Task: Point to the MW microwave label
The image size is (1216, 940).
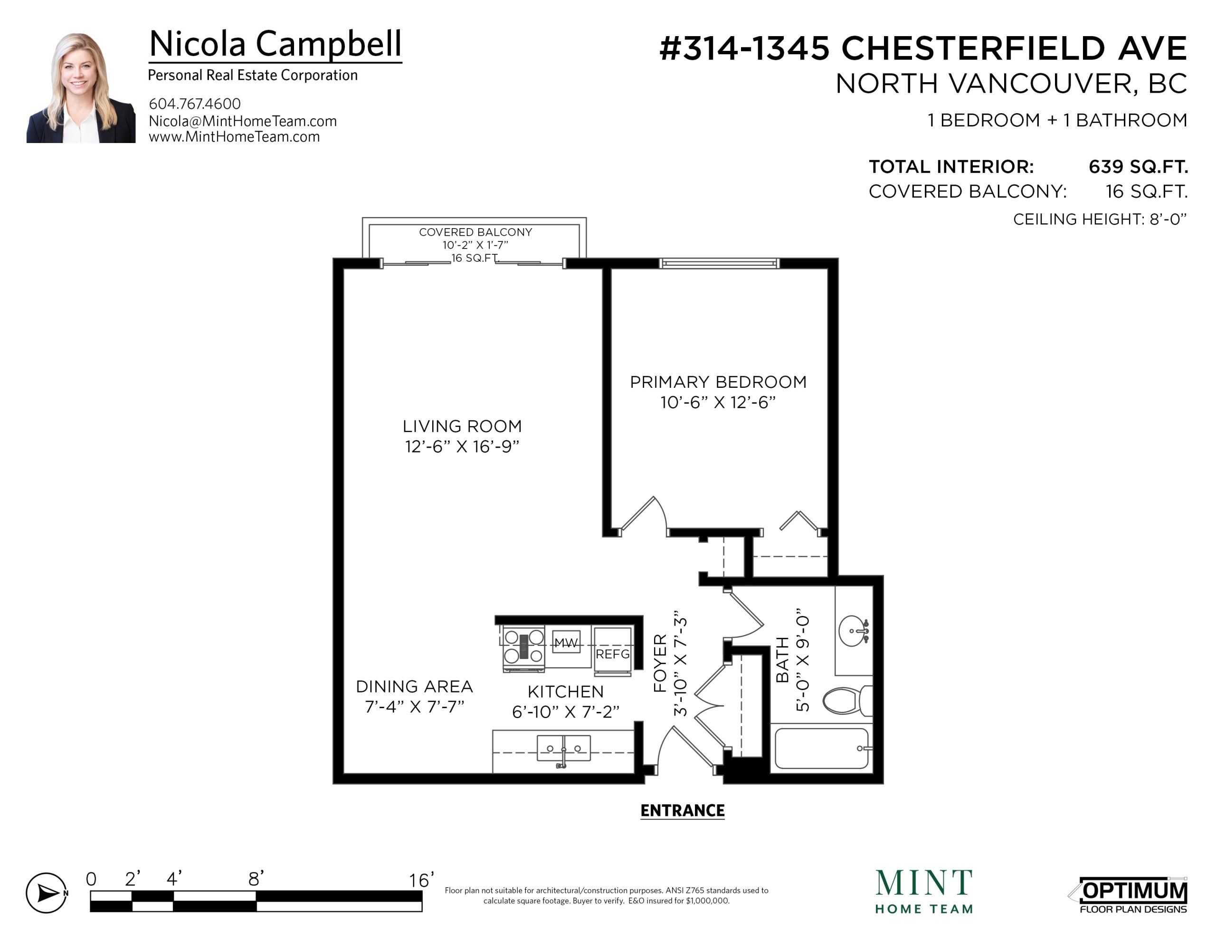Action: (566, 643)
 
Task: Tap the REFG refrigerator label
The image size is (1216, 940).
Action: (612, 653)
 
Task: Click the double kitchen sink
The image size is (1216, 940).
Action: (563, 748)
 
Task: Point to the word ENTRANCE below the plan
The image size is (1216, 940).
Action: (683, 810)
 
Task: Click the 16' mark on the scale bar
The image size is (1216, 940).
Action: (421, 881)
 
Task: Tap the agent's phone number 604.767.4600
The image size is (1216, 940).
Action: (194, 104)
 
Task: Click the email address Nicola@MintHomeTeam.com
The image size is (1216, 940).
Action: (242, 121)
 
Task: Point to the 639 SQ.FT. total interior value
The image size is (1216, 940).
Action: (1138, 167)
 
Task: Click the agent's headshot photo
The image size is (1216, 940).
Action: (81, 88)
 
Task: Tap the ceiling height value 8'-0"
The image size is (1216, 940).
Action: (1168, 219)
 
